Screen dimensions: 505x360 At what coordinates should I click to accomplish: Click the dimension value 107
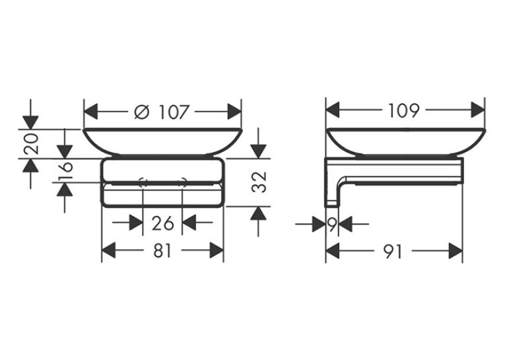pyautogui.click(x=173, y=112)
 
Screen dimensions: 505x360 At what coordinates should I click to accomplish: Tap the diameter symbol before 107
pyautogui.click(x=142, y=112)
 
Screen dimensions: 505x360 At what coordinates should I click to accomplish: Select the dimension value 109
pyautogui.click(x=404, y=111)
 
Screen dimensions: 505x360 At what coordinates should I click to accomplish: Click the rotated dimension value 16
pyautogui.click(x=65, y=171)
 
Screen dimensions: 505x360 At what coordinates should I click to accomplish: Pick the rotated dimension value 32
pyautogui.click(x=259, y=182)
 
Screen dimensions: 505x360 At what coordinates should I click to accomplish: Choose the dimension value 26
pyautogui.click(x=162, y=223)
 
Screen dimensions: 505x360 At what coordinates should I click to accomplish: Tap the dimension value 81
pyautogui.click(x=162, y=250)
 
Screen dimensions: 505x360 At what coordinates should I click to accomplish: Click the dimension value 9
pyautogui.click(x=332, y=224)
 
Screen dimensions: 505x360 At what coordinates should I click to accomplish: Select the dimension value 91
pyautogui.click(x=393, y=251)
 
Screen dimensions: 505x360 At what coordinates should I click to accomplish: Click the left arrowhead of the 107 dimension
pyautogui.click(x=90, y=112)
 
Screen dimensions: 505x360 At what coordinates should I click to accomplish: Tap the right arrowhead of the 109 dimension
pyautogui.click(x=478, y=110)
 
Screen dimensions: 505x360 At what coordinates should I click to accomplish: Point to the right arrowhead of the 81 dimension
pyautogui.click(x=217, y=250)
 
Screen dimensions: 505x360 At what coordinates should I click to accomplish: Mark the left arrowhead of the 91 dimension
pyautogui.click(x=333, y=251)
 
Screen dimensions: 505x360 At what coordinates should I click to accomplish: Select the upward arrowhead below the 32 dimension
pyautogui.click(x=258, y=213)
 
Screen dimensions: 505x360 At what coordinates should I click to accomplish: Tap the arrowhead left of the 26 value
pyautogui.click(x=136, y=223)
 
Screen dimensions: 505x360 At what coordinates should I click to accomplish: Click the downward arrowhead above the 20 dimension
pyautogui.click(x=31, y=122)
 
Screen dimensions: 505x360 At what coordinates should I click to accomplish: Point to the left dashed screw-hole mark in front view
pyautogui.click(x=143, y=182)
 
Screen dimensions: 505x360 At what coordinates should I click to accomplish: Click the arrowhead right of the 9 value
pyautogui.click(x=345, y=224)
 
